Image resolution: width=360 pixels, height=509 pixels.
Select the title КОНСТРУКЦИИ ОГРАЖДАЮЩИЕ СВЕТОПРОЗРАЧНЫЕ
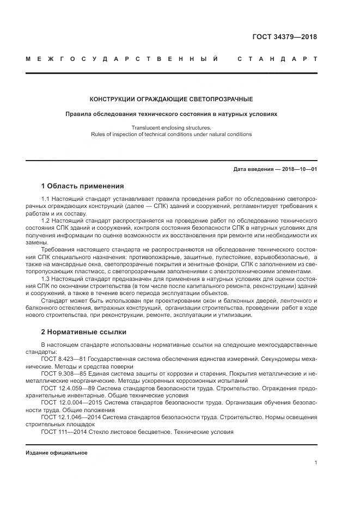[171, 99]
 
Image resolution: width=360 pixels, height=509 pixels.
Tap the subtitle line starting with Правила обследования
[171, 114]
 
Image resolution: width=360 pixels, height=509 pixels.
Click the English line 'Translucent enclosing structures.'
[171, 127]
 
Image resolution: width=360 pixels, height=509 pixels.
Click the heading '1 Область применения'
[82, 186]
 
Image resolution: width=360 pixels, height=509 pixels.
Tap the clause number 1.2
[46, 221]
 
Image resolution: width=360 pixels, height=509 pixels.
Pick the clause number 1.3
[46, 279]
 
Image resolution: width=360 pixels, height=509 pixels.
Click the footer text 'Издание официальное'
[49, 452]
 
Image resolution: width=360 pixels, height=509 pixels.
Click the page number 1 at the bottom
[315, 463]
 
